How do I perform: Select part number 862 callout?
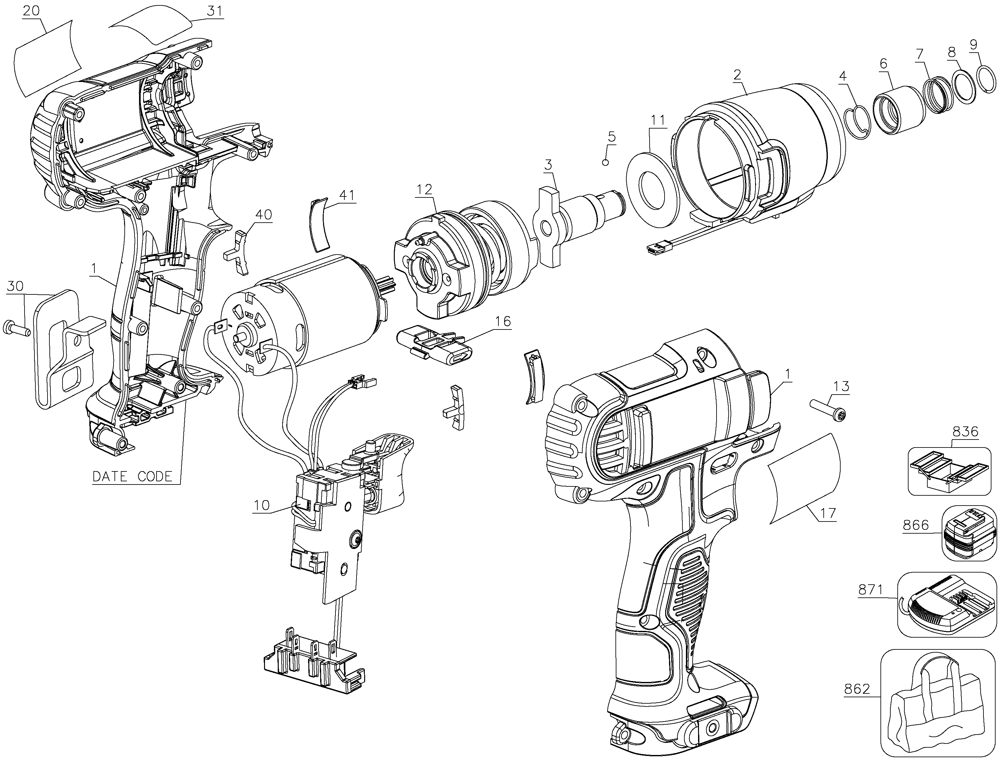[x=857, y=689]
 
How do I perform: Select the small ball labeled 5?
[x=605, y=162]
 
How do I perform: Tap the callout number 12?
[x=425, y=189]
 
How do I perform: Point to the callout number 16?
[x=502, y=322]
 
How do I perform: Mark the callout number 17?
[x=828, y=514]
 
